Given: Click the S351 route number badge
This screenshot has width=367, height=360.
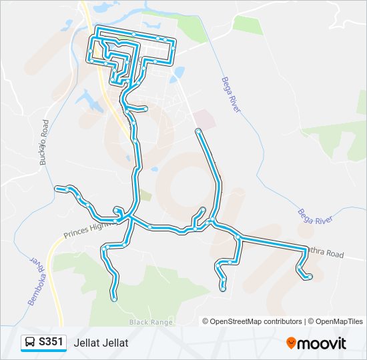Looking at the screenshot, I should click(x=51, y=342).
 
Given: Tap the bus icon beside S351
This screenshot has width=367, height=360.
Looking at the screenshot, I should click(x=30, y=343).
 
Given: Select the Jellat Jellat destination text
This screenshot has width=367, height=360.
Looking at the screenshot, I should click(x=101, y=343).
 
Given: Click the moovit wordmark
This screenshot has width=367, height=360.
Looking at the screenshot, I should click(x=322, y=343).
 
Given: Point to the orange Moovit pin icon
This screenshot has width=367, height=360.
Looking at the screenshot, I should click(x=291, y=343).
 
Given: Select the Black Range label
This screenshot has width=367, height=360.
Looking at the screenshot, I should click(x=151, y=322).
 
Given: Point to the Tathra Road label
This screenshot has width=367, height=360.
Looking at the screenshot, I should click(x=324, y=253).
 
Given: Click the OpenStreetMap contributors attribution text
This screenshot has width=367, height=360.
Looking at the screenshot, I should click(x=256, y=321).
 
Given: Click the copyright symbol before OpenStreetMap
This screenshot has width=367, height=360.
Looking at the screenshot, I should click(x=206, y=321).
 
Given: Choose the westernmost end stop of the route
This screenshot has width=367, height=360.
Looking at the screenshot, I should click(x=57, y=189).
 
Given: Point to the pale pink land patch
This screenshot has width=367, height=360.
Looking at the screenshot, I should click(x=204, y=120).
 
